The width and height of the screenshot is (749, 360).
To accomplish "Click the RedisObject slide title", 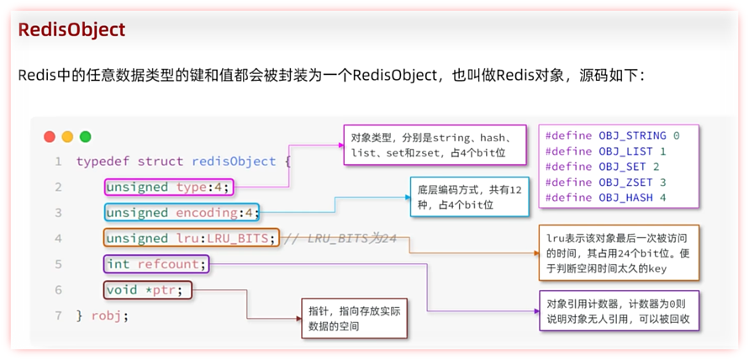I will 71,29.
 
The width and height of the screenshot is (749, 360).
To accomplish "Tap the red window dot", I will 49,136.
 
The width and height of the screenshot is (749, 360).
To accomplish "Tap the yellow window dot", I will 67,136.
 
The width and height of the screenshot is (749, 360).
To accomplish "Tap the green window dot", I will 85,136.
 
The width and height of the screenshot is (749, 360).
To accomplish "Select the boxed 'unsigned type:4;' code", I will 168,187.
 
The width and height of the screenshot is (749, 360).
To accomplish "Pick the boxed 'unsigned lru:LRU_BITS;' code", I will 191,238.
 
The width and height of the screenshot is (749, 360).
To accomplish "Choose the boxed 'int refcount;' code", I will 156,264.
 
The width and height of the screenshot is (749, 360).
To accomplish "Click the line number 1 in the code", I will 57,161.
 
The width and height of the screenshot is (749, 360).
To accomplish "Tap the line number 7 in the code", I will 57,316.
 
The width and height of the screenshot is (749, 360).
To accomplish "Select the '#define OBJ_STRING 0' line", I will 612,135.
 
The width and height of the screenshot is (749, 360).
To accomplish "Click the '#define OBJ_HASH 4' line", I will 605,198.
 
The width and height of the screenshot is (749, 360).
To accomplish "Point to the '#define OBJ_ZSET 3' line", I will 605,182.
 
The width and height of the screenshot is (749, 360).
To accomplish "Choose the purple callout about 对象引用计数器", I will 619,311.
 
